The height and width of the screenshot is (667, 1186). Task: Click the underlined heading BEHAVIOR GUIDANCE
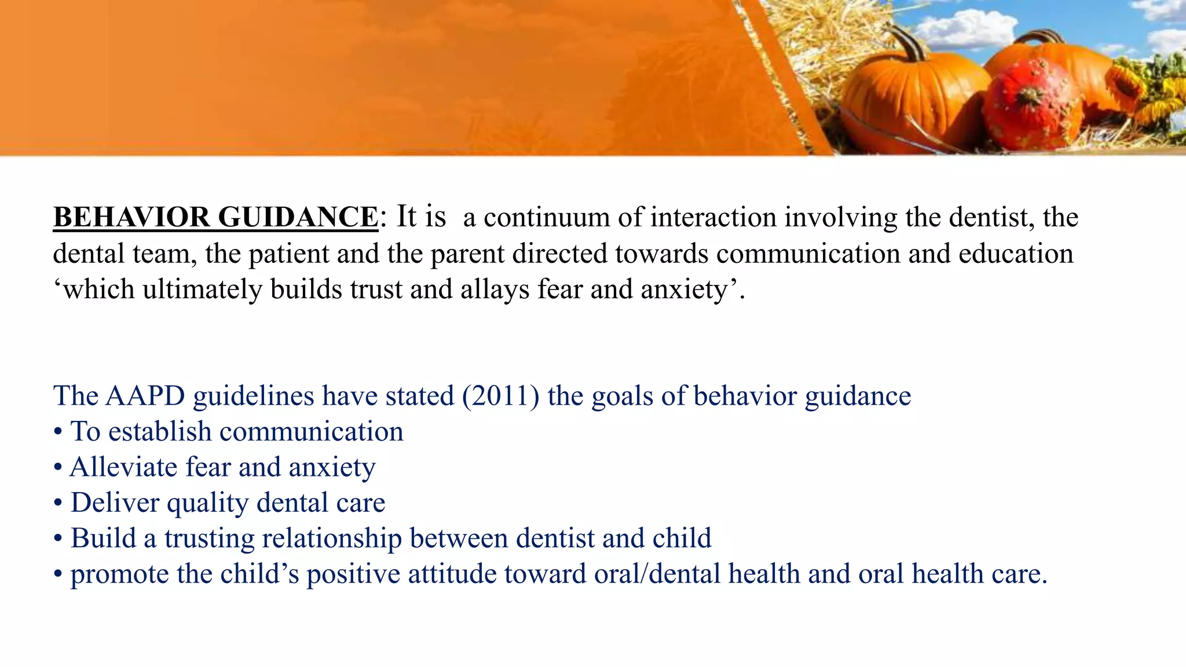(x=215, y=218)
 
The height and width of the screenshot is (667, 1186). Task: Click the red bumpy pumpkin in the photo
(x=1032, y=104)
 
